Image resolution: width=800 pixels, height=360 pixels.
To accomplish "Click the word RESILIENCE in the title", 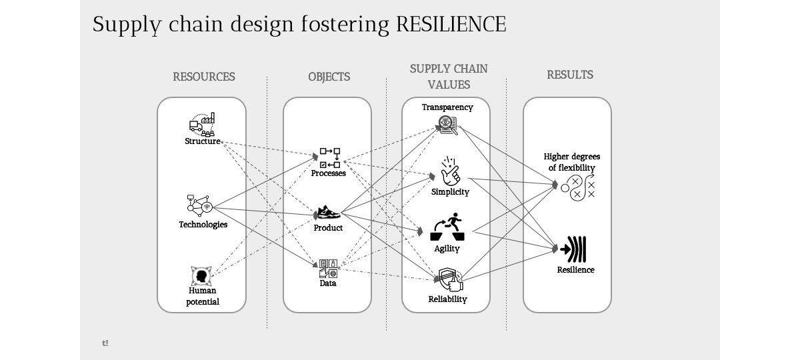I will [x=451, y=25].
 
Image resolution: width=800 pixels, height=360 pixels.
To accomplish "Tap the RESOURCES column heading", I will [x=204, y=77].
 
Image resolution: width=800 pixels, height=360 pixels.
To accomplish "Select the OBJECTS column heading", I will [x=329, y=77].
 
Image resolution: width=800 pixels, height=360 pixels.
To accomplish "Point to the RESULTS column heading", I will [x=570, y=75].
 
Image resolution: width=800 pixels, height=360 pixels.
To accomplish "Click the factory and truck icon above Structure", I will [x=202, y=125].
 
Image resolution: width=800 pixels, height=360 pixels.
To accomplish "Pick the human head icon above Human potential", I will [x=201, y=275].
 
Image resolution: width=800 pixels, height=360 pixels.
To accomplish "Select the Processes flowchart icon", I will [x=330, y=158].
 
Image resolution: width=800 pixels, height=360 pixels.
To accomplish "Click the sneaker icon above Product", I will [x=327, y=213].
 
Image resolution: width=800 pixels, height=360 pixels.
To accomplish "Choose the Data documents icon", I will [x=328, y=268].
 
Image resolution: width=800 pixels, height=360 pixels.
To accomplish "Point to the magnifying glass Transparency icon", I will [x=447, y=125].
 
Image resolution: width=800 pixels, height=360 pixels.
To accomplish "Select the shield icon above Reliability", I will [x=449, y=279].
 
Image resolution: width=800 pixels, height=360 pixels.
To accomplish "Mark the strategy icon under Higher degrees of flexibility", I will [x=577, y=187].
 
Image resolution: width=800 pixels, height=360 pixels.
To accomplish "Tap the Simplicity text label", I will [x=450, y=192].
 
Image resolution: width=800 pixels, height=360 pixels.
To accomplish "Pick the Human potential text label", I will [x=203, y=296].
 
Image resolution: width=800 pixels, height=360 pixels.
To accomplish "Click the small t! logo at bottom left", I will [x=105, y=343].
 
